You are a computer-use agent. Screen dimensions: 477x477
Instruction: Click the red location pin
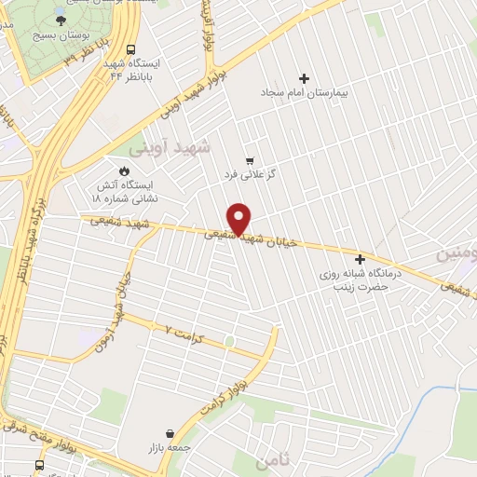coord(240,218)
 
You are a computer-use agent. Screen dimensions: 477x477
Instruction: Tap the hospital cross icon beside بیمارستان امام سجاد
coord(304,78)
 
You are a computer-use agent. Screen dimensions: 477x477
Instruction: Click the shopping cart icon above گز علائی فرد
coord(248,159)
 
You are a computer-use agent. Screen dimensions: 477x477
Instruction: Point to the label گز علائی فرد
coord(246,174)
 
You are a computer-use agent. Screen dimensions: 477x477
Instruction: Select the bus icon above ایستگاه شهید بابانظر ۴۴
coord(129,49)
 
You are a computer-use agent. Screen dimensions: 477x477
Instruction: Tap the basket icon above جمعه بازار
coord(169,433)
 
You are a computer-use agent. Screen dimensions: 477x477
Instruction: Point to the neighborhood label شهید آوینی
coord(182,147)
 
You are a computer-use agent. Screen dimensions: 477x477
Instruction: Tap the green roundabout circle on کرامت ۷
coord(229,342)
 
